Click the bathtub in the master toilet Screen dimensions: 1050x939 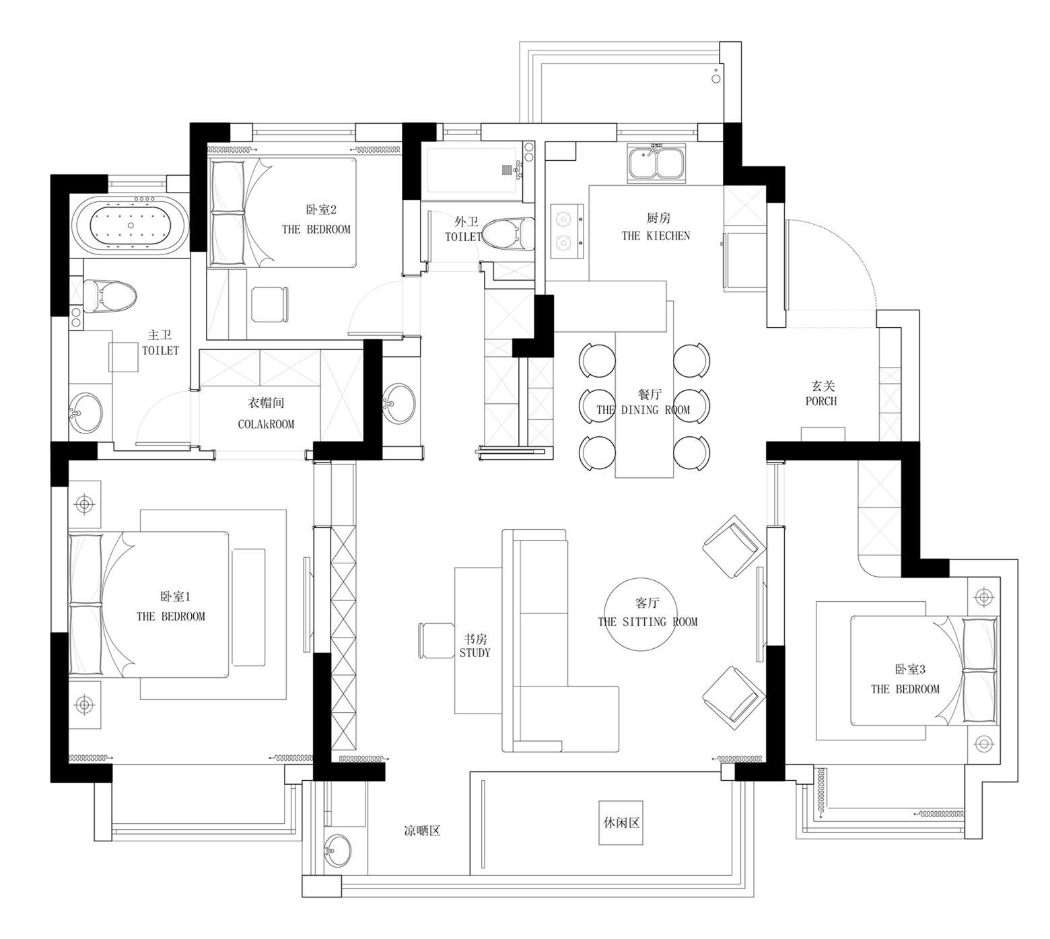[x=130, y=225]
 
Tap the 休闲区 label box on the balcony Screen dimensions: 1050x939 [x=621, y=823]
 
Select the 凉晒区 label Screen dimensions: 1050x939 [x=422, y=831]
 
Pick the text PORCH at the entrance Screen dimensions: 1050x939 [x=821, y=401]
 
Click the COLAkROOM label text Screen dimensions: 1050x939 [x=266, y=424]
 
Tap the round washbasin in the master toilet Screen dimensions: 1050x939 [x=86, y=412]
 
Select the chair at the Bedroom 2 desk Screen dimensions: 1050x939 [x=271, y=304]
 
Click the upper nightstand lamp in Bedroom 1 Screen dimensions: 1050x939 [x=84, y=503]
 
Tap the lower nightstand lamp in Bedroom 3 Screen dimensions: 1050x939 [x=984, y=743]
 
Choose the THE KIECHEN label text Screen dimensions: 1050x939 [x=656, y=236]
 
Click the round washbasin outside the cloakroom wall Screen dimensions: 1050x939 [x=399, y=404]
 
